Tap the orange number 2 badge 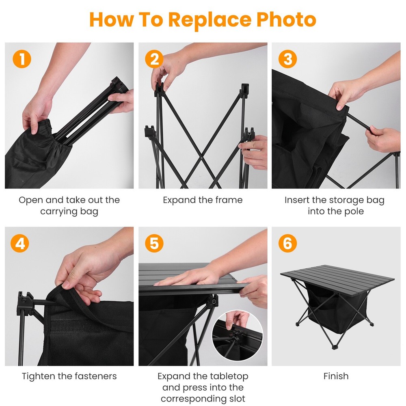[x=154, y=59]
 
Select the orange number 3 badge [x=287, y=59]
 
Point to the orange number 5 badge [x=154, y=244]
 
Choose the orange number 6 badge [x=287, y=244]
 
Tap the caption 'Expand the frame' [x=203, y=200]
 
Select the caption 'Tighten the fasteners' [x=69, y=376]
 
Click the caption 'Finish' [x=336, y=376]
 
